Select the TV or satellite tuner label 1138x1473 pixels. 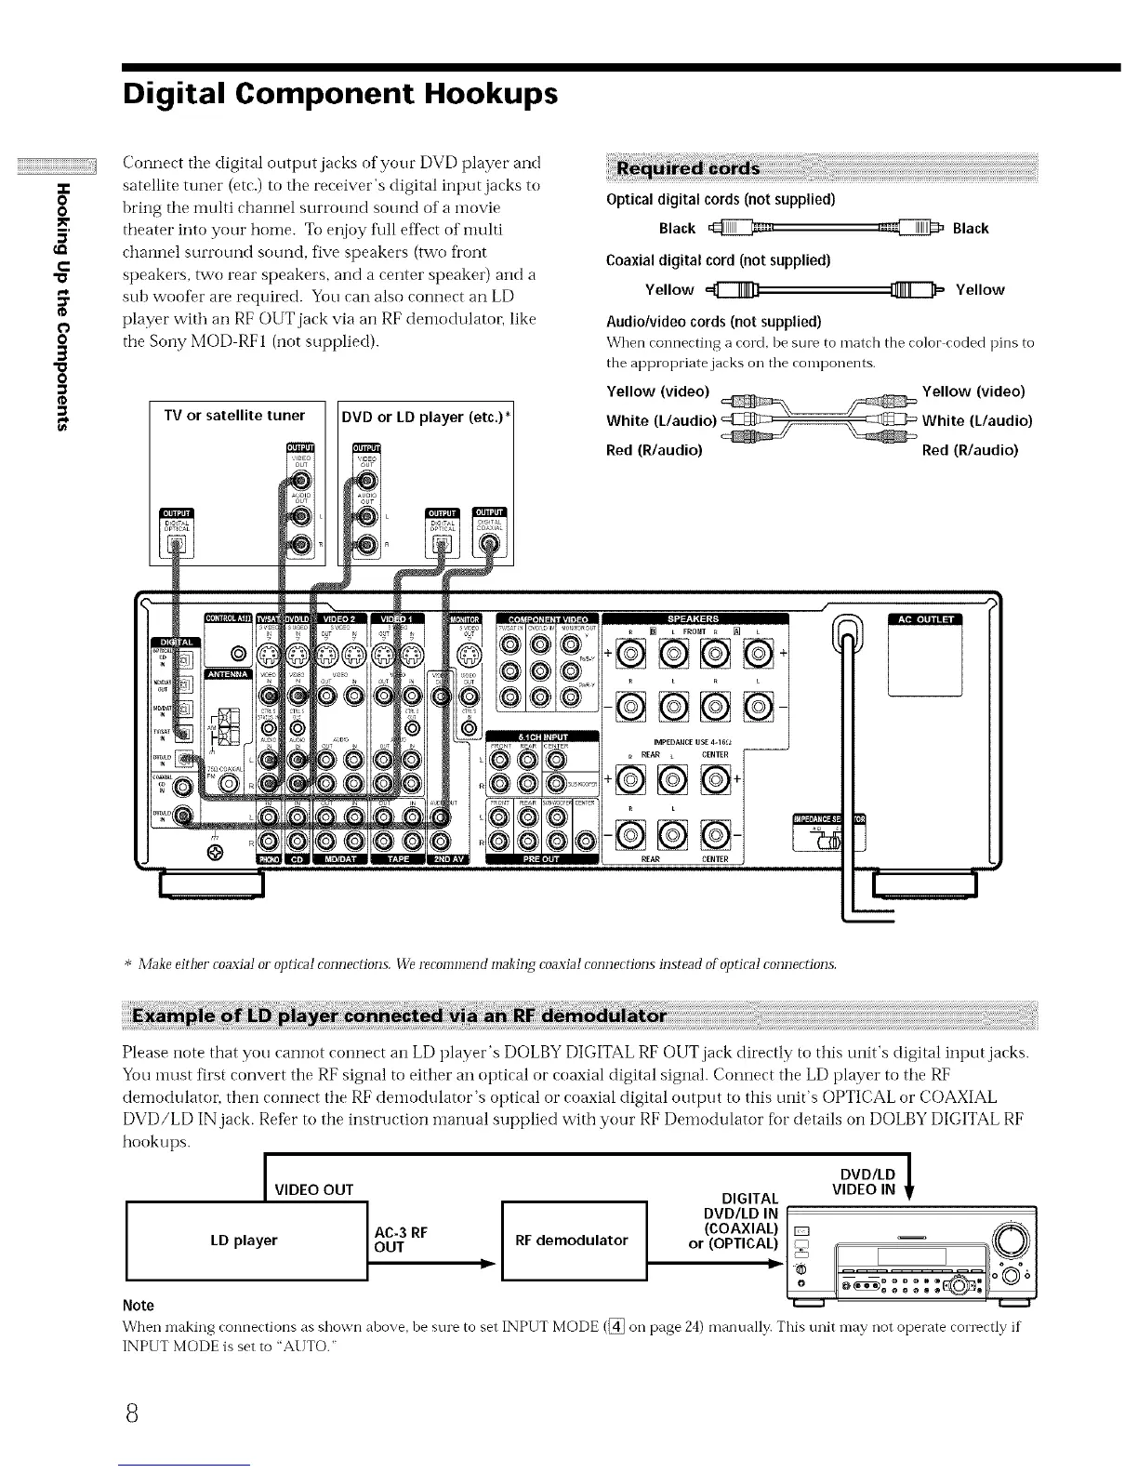[x=234, y=415]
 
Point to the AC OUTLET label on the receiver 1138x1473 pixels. [x=926, y=621]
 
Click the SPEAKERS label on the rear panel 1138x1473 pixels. [x=694, y=619]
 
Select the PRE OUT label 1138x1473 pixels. [x=540, y=859]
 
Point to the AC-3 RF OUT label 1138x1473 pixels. [x=400, y=1239]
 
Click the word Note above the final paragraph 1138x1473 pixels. [x=138, y=1305]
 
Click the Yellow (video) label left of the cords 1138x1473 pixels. [x=657, y=391]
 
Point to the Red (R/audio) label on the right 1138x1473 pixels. [x=970, y=450]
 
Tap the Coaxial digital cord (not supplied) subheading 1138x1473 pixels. [x=718, y=259]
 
